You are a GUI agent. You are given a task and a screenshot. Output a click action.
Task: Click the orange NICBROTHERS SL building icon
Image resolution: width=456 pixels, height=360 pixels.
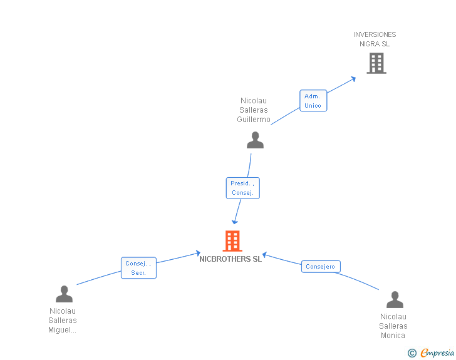coord(232,241)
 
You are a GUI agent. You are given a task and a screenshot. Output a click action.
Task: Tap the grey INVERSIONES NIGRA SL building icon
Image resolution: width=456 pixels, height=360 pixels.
coord(376,63)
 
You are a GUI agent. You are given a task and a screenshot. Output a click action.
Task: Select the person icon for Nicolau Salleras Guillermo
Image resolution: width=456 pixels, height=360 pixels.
coord(255,140)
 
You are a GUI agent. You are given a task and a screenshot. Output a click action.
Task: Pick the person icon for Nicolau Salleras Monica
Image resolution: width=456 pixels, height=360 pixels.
coord(395,299)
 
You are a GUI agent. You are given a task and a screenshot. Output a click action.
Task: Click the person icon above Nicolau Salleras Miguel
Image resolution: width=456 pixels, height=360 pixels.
coord(64,294)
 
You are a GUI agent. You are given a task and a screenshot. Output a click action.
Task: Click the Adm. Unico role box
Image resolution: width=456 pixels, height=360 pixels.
coord(313,101)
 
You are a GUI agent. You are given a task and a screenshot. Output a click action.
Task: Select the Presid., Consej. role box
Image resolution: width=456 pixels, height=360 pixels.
coord(243,188)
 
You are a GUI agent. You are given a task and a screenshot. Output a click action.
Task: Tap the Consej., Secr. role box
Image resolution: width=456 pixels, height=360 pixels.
coord(138,268)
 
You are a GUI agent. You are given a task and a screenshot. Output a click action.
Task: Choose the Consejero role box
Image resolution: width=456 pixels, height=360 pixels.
coord(321,266)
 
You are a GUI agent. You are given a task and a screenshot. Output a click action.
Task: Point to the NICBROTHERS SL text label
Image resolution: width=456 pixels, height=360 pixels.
coord(231,259)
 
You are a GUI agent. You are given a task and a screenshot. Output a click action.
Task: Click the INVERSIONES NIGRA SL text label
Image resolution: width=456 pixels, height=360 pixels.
coord(375,39)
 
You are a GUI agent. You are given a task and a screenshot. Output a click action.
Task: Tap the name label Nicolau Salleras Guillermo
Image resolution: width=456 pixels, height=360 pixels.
coord(254,110)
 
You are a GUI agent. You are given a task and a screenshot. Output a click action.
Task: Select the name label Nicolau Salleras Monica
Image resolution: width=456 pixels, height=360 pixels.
coord(393,326)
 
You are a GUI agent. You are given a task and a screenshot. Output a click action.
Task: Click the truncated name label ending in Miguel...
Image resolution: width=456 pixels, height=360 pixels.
coord(63,321)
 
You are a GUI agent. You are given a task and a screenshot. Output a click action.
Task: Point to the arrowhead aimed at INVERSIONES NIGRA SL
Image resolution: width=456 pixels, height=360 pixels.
coord(353,79)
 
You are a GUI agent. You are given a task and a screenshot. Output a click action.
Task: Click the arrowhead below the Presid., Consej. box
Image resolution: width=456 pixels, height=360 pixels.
coord(235,222)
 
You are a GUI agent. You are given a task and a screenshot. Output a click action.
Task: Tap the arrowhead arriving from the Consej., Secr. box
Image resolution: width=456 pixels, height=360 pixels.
coord(198,253)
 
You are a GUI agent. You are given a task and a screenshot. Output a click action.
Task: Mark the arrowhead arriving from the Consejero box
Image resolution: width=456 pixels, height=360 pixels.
coord(265,255)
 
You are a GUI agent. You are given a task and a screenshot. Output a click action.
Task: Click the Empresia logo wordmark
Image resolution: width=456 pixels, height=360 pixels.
coord(437,352)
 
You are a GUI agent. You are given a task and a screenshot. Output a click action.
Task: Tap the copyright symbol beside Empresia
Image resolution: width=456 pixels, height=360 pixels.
coord(412,353)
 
